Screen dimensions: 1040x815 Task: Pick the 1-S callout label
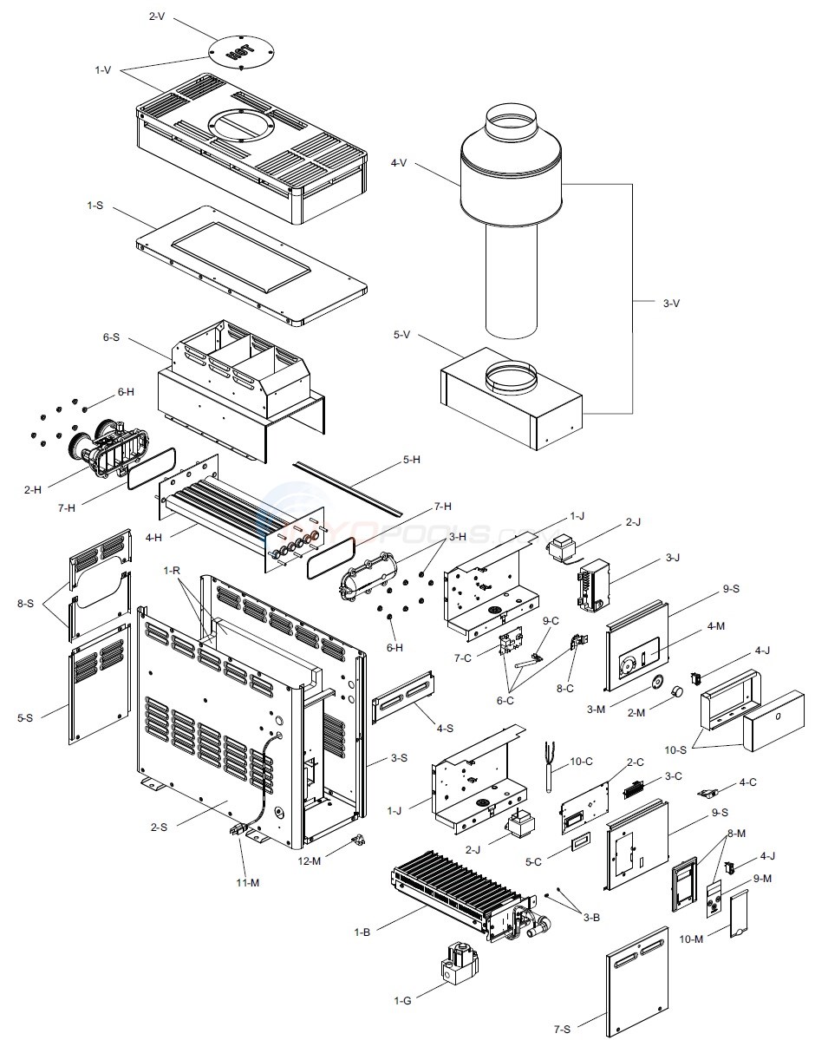95,206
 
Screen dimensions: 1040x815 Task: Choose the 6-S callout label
110,337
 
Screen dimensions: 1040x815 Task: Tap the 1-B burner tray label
362,932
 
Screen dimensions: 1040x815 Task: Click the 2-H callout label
33,490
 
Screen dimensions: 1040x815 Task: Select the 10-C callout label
581,762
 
